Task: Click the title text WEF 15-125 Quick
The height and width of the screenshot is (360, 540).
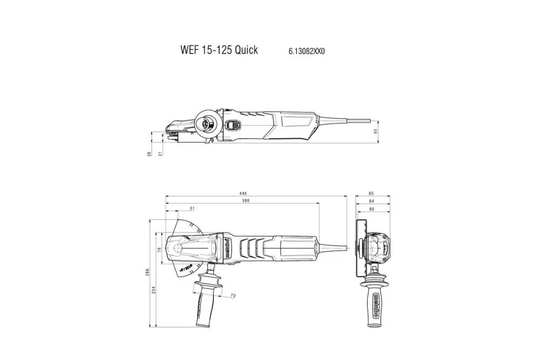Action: (219, 50)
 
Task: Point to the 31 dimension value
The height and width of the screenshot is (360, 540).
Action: (193, 208)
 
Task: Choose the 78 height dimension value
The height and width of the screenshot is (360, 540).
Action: (159, 250)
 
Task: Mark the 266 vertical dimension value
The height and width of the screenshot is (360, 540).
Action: (147, 273)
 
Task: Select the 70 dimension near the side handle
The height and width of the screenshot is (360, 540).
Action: (233, 295)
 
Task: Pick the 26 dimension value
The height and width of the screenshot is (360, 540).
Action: (149, 154)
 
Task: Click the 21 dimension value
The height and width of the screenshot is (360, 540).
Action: (160, 154)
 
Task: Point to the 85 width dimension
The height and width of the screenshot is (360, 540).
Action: (371, 193)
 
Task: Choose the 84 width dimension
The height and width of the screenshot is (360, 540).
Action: (371, 201)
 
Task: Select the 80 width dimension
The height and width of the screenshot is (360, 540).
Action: (371, 209)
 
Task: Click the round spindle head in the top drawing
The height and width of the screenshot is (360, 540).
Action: (207, 123)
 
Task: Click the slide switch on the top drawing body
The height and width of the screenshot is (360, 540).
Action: (233, 125)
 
